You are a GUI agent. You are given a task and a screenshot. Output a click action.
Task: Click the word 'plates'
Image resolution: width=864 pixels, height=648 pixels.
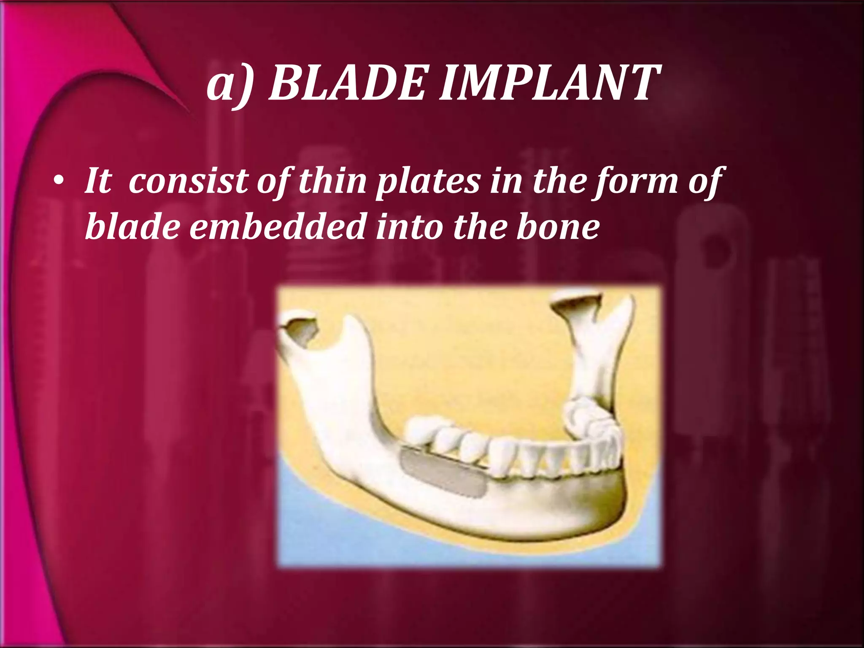pos(428,182)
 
